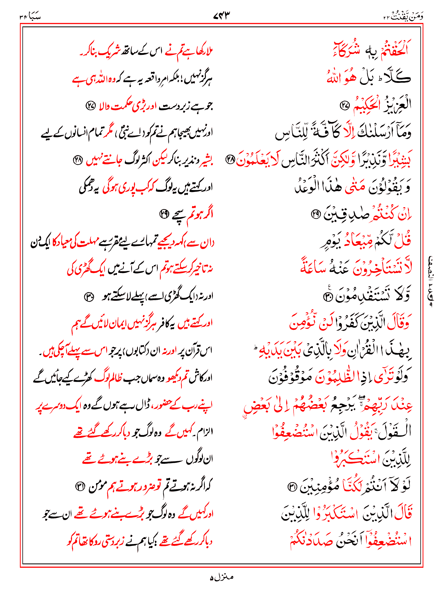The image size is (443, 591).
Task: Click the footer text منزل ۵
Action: tap(221, 577)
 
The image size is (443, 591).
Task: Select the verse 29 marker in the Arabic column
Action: tap(315, 214)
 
